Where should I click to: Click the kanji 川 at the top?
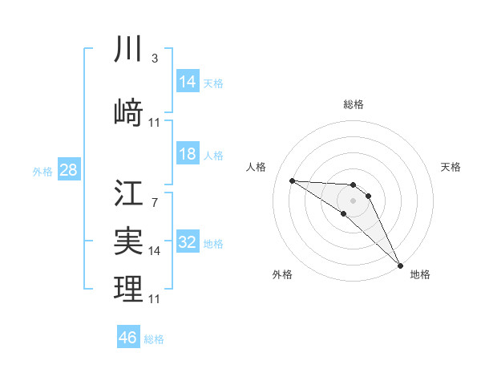click(128, 50)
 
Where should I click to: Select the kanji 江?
click(128, 193)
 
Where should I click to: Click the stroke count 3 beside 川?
click(154, 59)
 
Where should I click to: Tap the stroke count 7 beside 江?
click(154, 202)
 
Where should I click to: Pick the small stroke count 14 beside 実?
click(155, 250)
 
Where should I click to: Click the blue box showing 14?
click(188, 82)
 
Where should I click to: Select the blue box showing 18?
click(188, 154)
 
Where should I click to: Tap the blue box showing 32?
click(188, 242)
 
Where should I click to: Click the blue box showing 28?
click(68, 170)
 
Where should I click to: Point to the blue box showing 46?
click(128, 338)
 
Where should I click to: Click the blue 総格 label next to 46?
click(154, 339)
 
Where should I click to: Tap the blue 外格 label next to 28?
click(42, 171)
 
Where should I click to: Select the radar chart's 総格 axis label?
click(354, 104)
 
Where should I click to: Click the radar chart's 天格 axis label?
click(451, 167)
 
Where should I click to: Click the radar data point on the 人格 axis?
click(292, 180)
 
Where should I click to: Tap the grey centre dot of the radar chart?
click(354, 200)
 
